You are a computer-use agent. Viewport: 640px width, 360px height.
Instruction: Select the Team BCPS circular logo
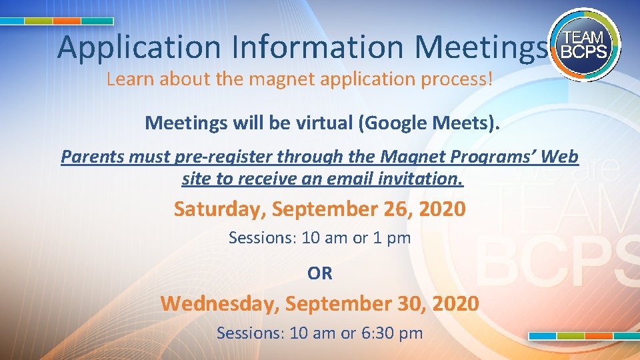[584, 45]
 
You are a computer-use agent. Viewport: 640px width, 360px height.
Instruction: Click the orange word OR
[320, 273]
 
